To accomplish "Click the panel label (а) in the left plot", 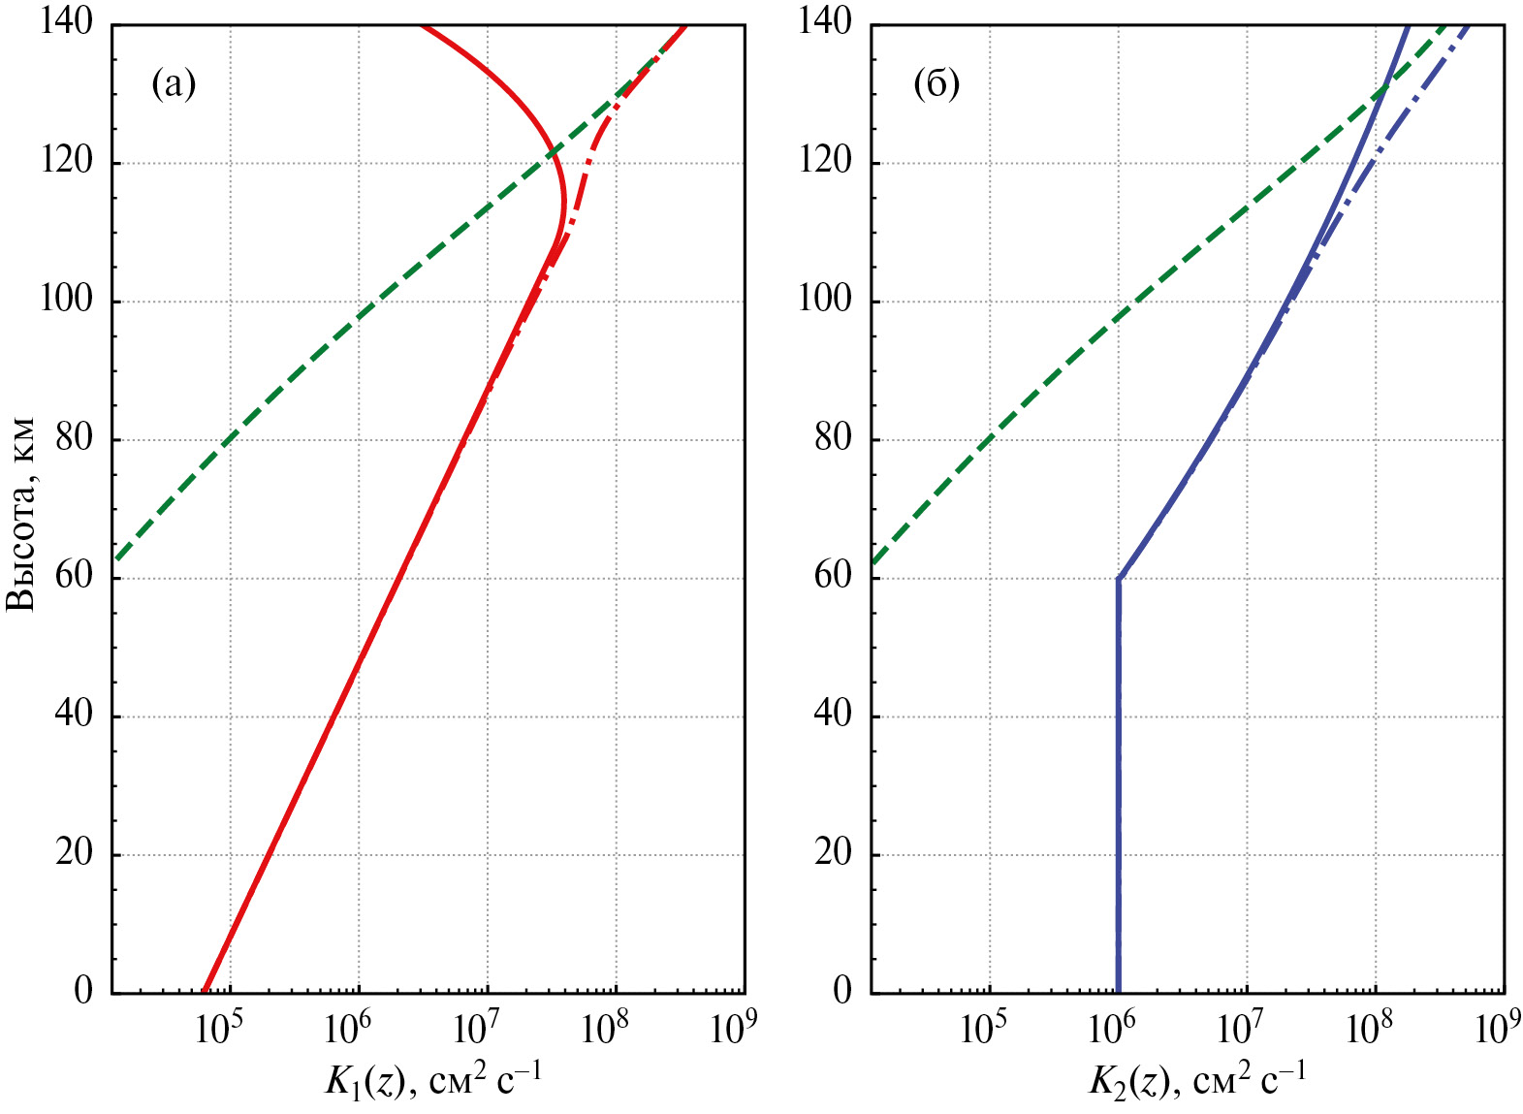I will click(174, 85).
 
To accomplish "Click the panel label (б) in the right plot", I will click(936, 85).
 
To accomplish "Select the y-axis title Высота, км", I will click(21, 514).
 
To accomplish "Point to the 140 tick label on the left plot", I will click(66, 21).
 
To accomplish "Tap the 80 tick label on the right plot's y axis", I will click(832, 438).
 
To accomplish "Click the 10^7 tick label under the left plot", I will click(476, 1030).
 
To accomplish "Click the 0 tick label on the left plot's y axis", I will click(83, 991).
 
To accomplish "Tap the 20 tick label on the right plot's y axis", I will click(832, 853).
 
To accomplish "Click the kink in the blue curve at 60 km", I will click(1119, 579).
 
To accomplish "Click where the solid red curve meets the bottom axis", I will click(205, 991).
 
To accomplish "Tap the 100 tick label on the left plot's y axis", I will click(66, 300).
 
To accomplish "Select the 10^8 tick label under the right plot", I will click(1369, 1030).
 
